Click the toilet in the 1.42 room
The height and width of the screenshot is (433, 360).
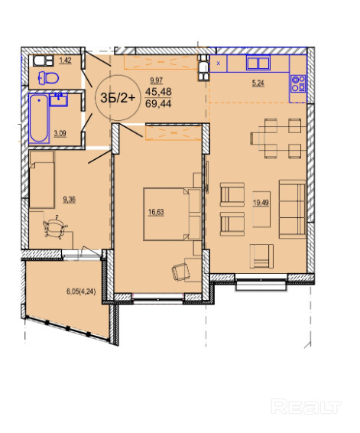[x=49, y=78]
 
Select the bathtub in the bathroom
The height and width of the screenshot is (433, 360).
[x=39, y=118]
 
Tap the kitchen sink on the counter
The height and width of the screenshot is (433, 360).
[x=258, y=63]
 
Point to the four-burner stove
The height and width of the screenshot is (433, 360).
[x=298, y=83]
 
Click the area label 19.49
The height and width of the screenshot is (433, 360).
[x=261, y=203]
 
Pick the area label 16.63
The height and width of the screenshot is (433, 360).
[x=156, y=212]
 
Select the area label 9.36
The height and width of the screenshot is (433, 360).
[x=70, y=199]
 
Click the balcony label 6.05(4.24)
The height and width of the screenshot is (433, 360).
[x=81, y=291]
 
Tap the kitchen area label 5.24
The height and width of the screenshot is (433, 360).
[x=258, y=83]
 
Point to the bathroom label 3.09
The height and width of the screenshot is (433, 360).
[x=60, y=134]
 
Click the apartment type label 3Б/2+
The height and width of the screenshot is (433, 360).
[x=118, y=98]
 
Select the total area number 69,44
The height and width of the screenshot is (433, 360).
[x=158, y=104]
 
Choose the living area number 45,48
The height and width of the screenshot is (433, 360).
[x=158, y=91]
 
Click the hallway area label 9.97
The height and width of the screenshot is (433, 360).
[x=157, y=80]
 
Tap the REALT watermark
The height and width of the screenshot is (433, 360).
[x=306, y=406]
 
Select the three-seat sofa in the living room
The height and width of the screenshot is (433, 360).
[x=293, y=209]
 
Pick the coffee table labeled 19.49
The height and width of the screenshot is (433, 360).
[x=261, y=209]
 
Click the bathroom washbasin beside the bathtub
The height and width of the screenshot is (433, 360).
[x=59, y=99]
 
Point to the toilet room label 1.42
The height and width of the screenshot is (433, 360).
[x=66, y=60]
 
